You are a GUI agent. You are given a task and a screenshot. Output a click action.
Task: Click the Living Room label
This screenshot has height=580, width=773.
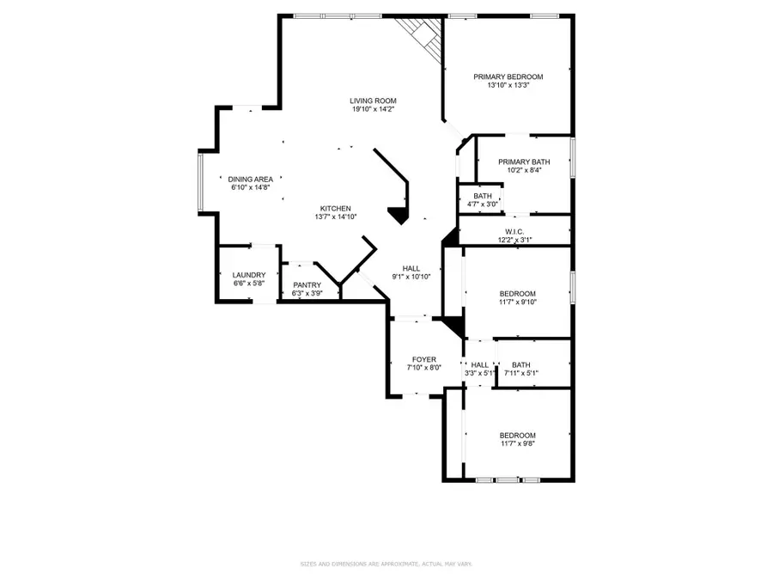click(x=373, y=101)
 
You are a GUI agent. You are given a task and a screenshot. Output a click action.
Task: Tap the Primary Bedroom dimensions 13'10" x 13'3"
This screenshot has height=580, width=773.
click(x=508, y=85)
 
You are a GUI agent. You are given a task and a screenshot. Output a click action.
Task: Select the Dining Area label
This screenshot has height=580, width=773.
click(x=251, y=180)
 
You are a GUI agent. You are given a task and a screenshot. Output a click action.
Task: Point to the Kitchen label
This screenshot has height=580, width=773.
click(x=336, y=209)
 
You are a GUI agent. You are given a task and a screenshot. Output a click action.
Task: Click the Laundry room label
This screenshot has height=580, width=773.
click(x=249, y=275)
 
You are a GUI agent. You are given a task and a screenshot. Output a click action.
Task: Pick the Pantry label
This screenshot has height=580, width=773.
click(x=307, y=285)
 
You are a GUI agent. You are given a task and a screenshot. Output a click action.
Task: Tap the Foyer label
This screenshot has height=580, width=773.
click(x=424, y=359)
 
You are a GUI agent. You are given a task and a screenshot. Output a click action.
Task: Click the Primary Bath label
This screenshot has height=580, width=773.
click(x=524, y=162)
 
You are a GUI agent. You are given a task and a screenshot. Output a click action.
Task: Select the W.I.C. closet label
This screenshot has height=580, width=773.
click(x=514, y=232)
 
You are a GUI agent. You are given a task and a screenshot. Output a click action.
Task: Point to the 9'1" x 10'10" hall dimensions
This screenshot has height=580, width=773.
click(x=411, y=277)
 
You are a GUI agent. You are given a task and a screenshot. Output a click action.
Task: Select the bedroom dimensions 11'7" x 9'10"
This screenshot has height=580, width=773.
click(x=518, y=302)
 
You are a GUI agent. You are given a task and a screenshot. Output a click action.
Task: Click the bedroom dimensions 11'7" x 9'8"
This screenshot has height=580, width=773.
click(x=518, y=443)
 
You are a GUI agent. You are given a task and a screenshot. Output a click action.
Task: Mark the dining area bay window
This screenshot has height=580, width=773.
click(x=201, y=182)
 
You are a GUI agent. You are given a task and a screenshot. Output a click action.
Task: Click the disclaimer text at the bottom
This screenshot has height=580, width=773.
click(x=386, y=564)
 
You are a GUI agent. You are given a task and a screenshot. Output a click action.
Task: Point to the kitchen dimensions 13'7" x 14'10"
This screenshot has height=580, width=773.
click(x=336, y=217)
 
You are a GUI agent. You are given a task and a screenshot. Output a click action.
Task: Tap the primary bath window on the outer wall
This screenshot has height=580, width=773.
click(x=573, y=157)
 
